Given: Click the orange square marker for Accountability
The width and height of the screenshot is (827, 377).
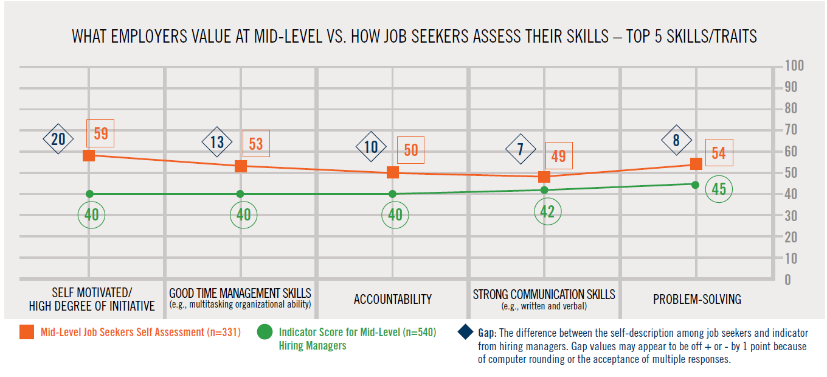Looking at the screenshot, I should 393,172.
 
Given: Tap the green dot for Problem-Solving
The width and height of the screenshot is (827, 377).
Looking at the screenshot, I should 695,184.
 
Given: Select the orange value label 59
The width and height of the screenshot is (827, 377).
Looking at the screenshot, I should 101,133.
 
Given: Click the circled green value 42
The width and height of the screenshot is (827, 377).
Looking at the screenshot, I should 547,211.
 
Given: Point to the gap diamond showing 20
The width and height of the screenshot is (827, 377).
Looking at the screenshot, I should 58,139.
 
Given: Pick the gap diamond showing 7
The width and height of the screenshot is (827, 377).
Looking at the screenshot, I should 521,149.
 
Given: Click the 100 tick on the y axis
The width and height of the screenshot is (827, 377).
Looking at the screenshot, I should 794,66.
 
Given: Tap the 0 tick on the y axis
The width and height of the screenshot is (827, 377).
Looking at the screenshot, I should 787,280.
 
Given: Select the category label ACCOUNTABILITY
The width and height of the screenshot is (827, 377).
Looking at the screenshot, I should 393,299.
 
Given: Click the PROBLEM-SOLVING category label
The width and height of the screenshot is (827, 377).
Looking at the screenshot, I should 697,299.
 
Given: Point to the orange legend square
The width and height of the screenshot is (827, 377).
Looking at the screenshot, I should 27,333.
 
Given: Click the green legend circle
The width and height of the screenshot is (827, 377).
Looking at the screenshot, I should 265,333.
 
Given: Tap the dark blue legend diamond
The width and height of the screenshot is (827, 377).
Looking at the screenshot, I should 465,333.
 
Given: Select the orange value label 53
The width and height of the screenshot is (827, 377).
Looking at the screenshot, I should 256,144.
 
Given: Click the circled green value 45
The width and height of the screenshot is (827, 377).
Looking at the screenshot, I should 719,189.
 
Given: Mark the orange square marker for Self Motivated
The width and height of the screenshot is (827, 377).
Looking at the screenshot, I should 89,155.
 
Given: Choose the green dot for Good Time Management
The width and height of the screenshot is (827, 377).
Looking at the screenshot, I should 240,194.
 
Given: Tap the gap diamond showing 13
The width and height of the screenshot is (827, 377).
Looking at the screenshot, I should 217,143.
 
